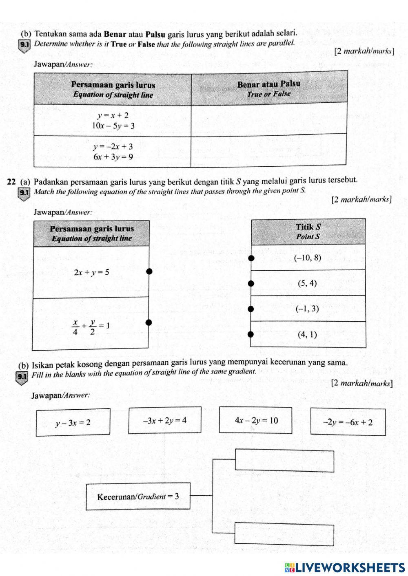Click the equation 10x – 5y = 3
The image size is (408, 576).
coord(113,126)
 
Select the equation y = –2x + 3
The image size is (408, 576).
coord(113,146)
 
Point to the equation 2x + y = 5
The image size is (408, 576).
coord(91,272)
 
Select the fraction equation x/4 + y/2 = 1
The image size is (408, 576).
coord(91,327)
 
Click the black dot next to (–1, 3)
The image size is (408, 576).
coord(251,309)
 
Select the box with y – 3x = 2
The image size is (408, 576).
coord(73,423)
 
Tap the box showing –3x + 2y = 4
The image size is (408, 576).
coord(165,420)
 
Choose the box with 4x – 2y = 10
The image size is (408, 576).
coord(256,420)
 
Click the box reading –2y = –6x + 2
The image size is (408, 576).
coord(348,422)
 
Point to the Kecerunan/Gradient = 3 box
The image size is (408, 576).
coord(138,496)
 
